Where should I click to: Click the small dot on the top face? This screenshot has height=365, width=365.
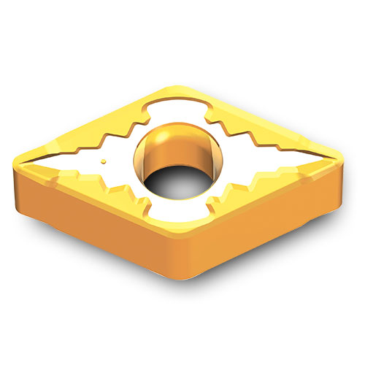(104, 160)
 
